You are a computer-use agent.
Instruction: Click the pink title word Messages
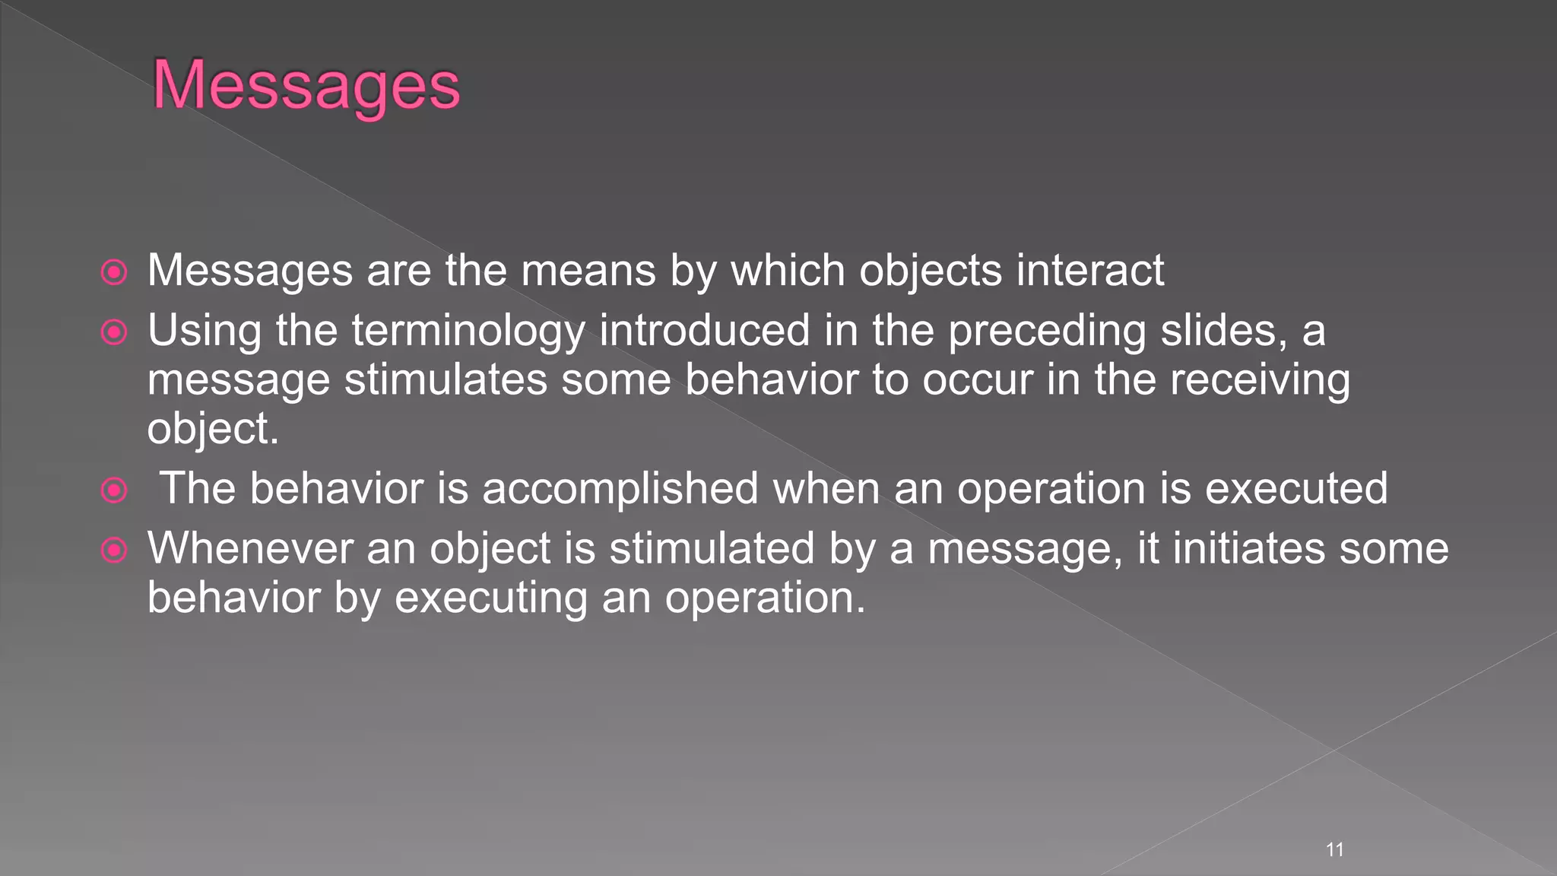click(x=306, y=85)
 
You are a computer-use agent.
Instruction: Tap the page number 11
click(x=1334, y=849)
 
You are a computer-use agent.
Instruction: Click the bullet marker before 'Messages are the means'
click(x=114, y=272)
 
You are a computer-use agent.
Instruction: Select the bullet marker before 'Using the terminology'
click(x=114, y=332)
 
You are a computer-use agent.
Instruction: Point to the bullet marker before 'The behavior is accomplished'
click(x=114, y=490)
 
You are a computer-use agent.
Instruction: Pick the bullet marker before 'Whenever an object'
click(x=114, y=550)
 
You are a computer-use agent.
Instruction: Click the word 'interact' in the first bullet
click(x=1089, y=270)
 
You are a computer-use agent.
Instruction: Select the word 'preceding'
click(x=1046, y=332)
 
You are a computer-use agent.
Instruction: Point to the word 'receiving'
click(x=1260, y=380)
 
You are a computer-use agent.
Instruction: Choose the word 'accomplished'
click(x=620, y=488)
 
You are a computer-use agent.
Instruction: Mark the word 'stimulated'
click(x=712, y=548)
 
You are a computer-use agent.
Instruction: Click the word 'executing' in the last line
click(x=490, y=598)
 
